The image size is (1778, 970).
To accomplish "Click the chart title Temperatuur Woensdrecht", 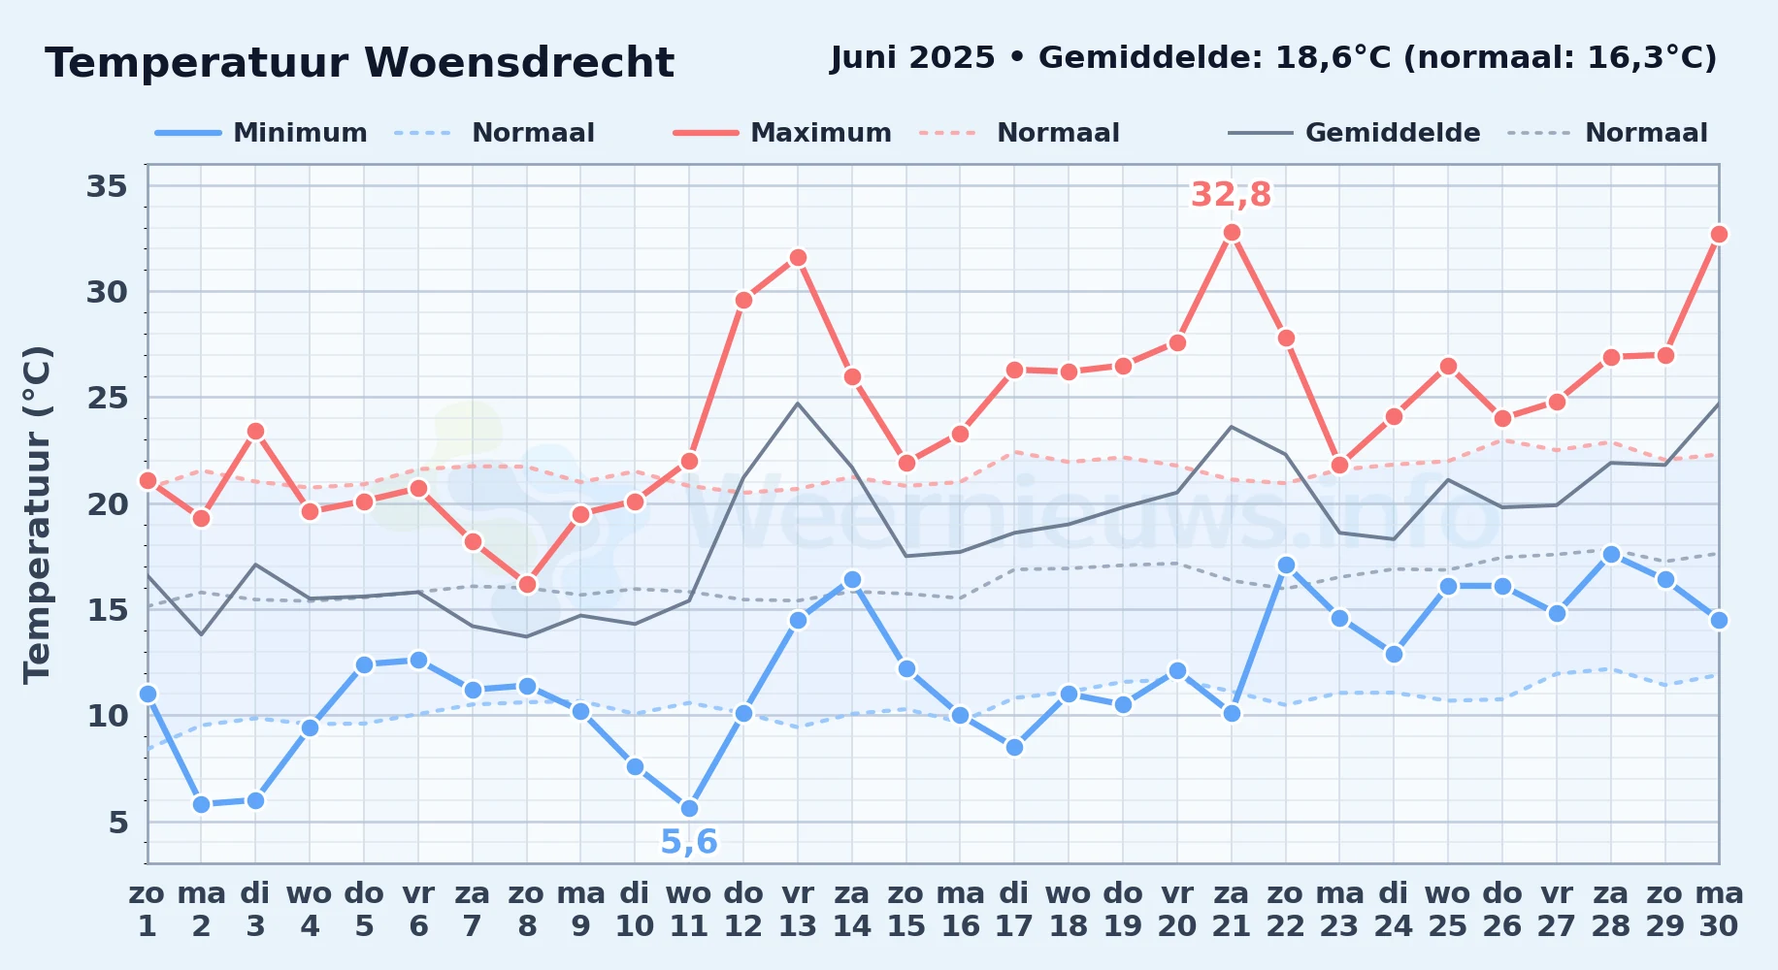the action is point(359,63).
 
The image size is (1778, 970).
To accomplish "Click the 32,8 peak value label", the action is point(1231,195).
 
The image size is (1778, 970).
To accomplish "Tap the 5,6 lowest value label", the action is point(688,842).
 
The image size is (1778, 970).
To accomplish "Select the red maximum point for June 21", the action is point(1232,233).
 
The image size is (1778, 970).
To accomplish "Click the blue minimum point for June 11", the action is point(689,809).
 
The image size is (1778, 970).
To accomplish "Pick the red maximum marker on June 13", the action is point(798,258).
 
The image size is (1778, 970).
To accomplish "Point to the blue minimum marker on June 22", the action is point(1286,565).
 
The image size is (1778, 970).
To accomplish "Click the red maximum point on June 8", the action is point(527,584).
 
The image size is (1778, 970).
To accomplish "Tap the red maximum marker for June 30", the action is point(1719,235).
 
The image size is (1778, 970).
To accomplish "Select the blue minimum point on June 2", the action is point(201,804).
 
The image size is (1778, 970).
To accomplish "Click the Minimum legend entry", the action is point(261,133).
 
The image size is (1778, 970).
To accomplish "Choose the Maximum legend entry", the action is point(782,133).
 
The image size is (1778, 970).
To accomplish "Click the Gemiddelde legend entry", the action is point(1354,133).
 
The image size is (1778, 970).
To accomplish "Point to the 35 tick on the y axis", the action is point(107,185).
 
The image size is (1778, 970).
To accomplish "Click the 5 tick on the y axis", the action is point(117,823).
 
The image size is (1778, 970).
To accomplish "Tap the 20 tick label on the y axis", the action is point(107,504).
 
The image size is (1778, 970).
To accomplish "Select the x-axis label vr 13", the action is point(798,910).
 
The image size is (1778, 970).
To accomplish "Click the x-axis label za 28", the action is point(1611,910).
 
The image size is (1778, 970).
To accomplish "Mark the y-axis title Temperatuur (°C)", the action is point(37,514).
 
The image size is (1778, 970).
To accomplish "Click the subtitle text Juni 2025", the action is point(913,58).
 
